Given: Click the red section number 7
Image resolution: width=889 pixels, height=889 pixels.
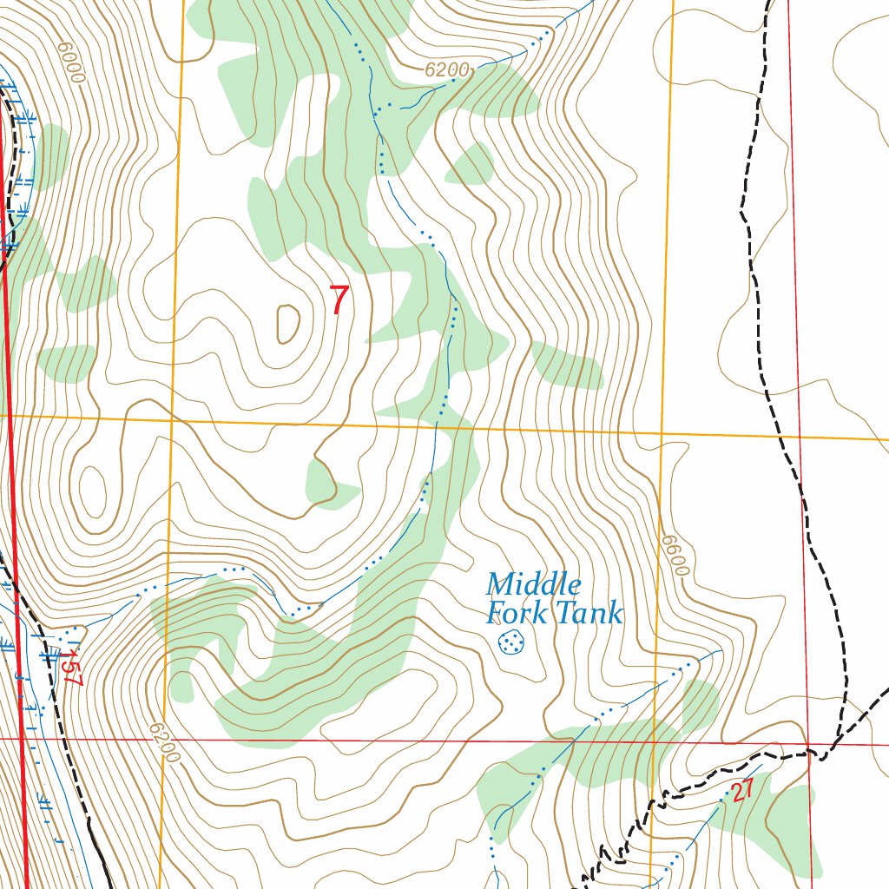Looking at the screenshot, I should pyautogui.click(x=339, y=300).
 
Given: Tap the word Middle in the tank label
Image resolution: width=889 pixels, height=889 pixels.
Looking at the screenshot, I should pyautogui.click(x=533, y=584).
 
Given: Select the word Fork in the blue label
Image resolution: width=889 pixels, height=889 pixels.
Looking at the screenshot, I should pyautogui.click(x=517, y=613).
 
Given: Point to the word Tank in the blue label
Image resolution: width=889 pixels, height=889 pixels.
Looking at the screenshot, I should pyautogui.click(x=589, y=613).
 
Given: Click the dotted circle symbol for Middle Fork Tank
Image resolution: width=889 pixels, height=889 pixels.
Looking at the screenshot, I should pyautogui.click(x=511, y=642).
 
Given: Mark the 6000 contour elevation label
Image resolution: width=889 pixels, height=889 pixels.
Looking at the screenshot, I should pyautogui.click(x=72, y=63).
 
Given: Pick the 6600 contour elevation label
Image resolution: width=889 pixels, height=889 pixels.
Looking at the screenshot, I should pyautogui.click(x=675, y=555).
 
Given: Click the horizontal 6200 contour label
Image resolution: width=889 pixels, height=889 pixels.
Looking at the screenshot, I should pyautogui.click(x=447, y=70).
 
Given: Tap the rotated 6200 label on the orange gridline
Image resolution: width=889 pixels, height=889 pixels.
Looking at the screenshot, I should pyautogui.click(x=163, y=742).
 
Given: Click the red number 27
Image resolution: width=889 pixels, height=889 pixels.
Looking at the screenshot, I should pyautogui.click(x=741, y=792).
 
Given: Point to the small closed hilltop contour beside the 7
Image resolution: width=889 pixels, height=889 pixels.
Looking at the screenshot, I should pyautogui.click(x=287, y=324).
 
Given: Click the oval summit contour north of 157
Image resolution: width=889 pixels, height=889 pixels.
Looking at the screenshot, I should pyautogui.click(x=93, y=490).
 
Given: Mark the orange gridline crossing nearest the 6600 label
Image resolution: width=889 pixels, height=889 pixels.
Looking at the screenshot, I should pyautogui.click(x=662, y=431).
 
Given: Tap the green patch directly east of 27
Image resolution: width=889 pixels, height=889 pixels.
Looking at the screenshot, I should pyautogui.click(x=790, y=820).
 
